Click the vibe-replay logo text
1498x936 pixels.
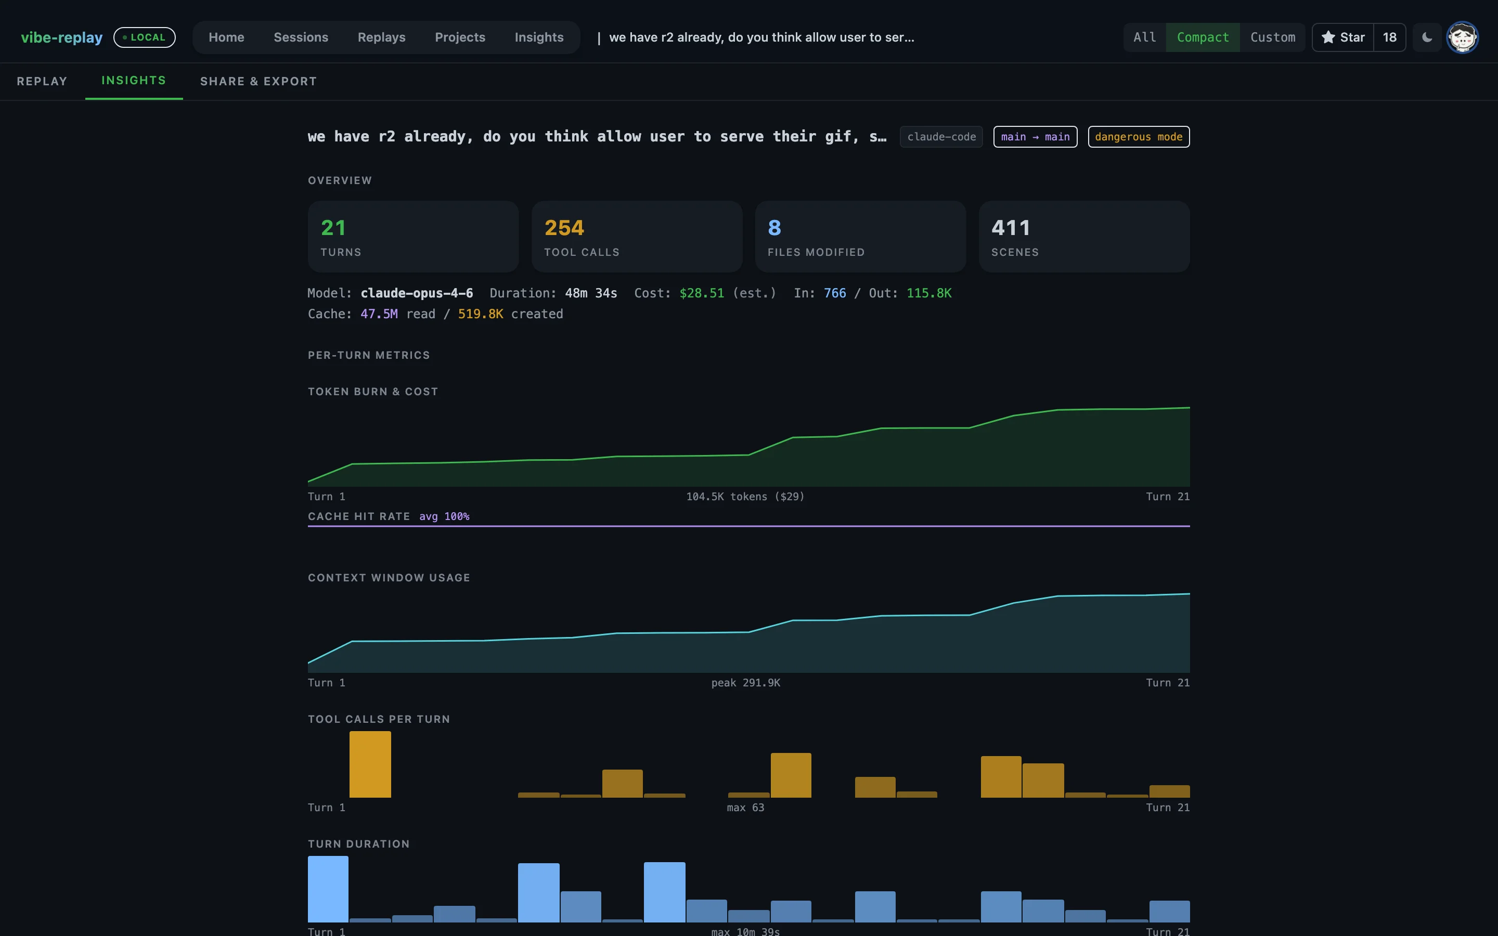click(62, 37)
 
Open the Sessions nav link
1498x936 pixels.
click(301, 37)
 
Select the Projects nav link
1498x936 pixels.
click(460, 37)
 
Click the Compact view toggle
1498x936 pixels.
click(1202, 37)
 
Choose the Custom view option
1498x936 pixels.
click(1273, 37)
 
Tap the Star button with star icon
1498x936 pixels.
click(1342, 37)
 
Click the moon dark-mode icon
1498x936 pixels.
click(1427, 37)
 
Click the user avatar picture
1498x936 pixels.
click(1462, 37)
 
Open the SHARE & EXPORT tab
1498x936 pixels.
click(258, 81)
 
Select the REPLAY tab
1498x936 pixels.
click(42, 81)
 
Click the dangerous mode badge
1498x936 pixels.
click(1139, 137)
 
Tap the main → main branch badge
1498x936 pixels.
click(1035, 137)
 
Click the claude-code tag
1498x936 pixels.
click(941, 137)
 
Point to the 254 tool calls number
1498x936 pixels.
click(564, 228)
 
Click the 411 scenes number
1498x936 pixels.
click(1011, 228)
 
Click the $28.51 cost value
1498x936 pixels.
click(701, 293)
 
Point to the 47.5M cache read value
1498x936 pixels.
click(379, 314)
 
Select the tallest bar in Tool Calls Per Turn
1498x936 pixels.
click(370, 764)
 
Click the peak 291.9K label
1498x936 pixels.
click(745, 682)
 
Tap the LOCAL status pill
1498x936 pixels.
click(144, 37)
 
